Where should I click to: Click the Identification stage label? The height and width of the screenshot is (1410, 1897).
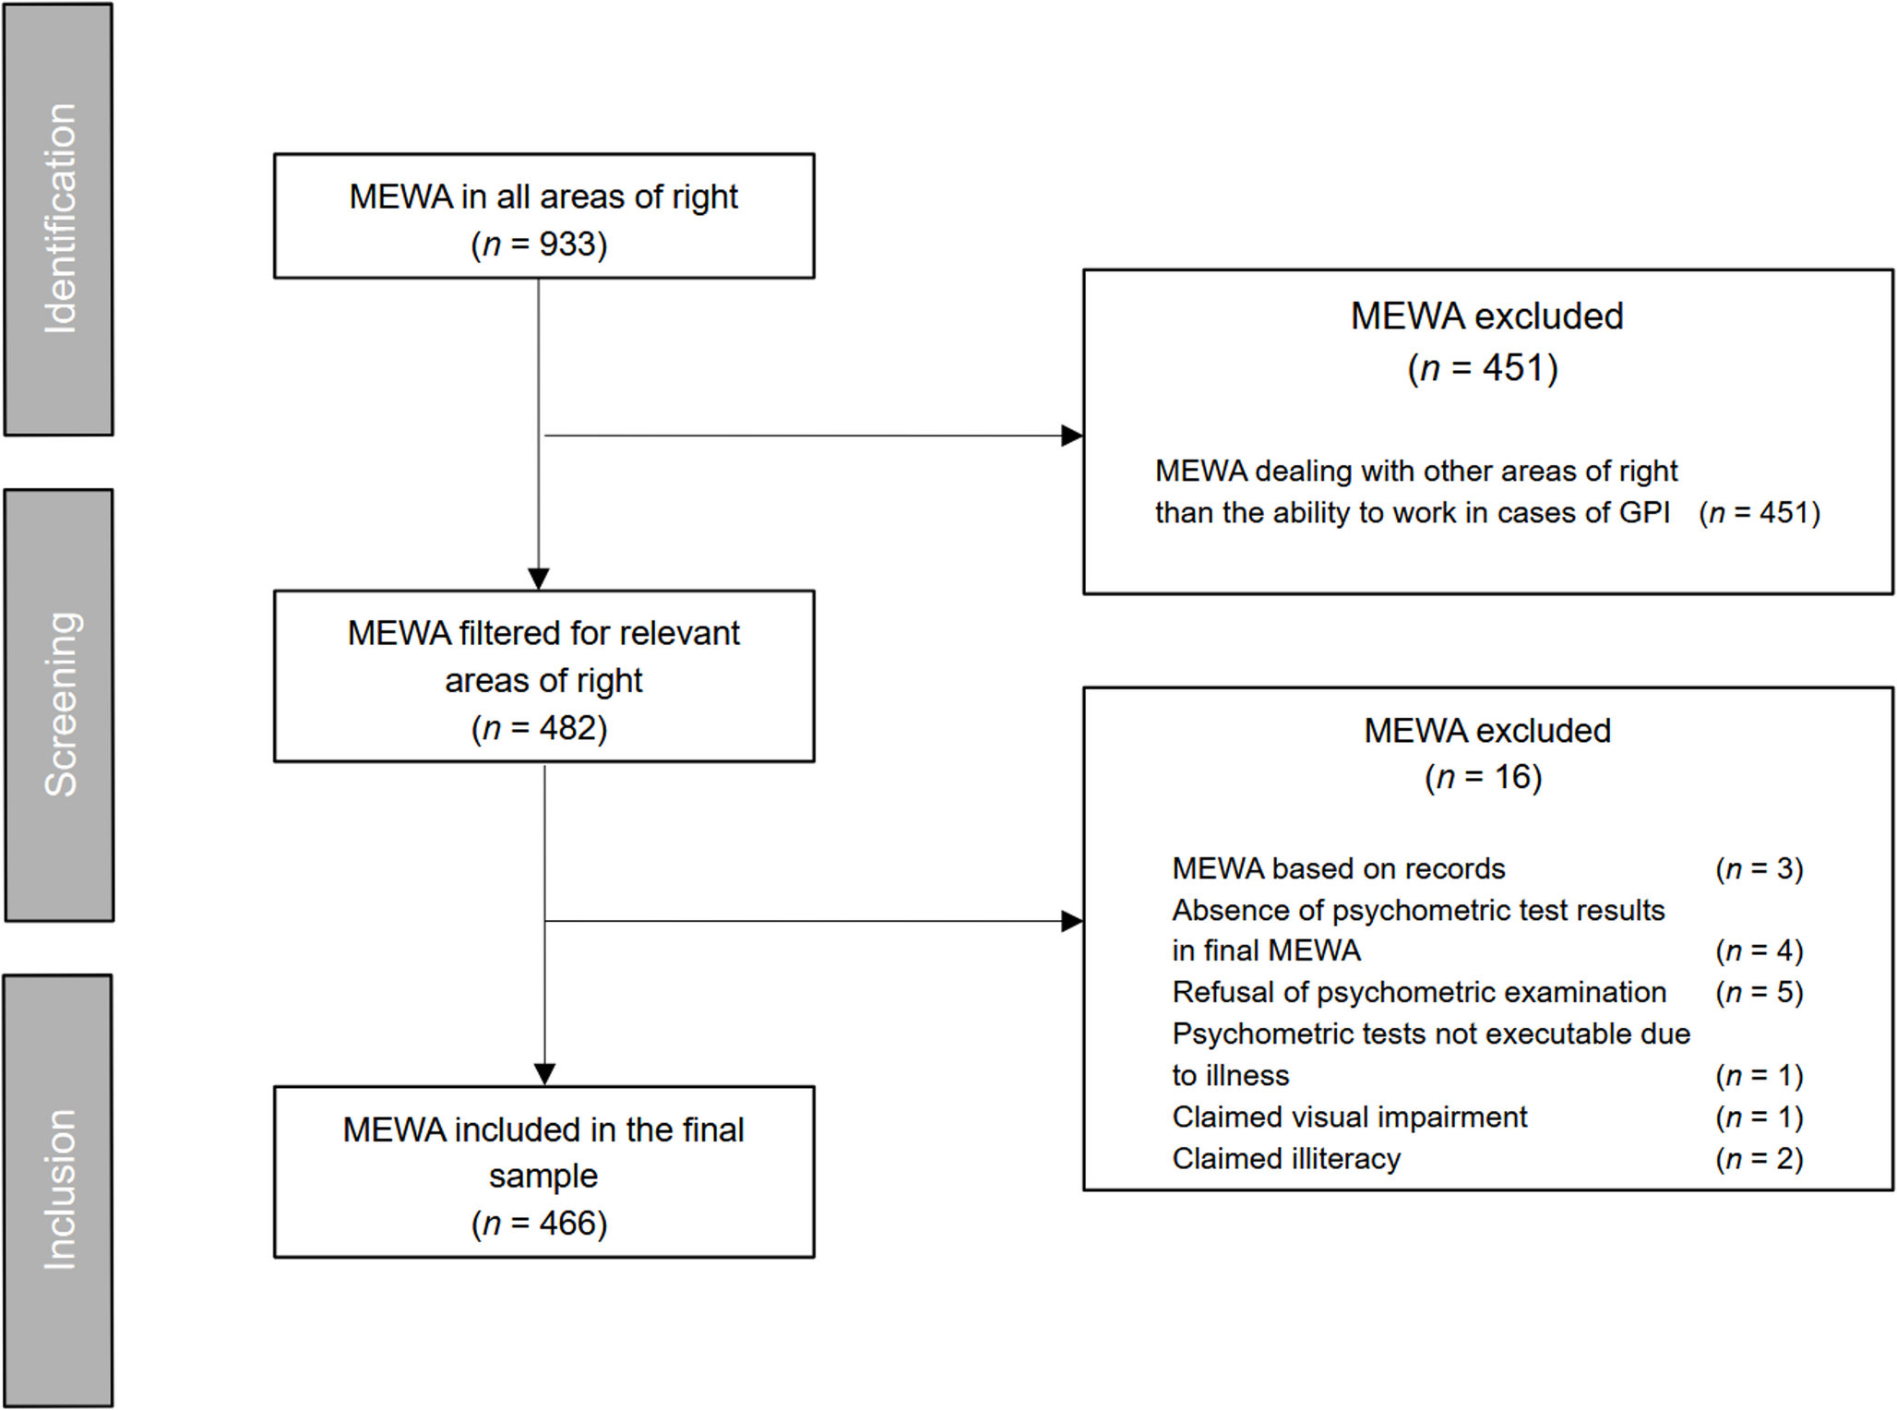point(60,219)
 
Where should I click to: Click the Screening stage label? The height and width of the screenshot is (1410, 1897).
point(60,704)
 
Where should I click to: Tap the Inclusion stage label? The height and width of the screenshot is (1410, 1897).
point(60,1189)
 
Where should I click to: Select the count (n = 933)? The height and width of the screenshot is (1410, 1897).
point(540,245)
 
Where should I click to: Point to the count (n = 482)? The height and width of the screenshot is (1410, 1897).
point(540,728)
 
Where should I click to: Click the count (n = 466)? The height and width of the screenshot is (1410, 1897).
point(540,1224)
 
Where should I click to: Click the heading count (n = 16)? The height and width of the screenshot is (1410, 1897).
point(1484,777)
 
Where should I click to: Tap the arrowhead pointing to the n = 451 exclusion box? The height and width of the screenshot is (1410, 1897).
point(1071,436)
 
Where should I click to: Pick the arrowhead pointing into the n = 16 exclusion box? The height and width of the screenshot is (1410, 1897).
point(1071,921)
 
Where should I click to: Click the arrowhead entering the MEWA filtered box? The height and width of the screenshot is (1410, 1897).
point(539,579)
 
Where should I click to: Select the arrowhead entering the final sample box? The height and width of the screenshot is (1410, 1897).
point(544,1074)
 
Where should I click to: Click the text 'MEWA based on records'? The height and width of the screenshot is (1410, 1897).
point(1339,868)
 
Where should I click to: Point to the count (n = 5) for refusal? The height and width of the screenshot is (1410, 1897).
point(1760,992)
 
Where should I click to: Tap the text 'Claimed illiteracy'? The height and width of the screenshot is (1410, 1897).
point(1286,1158)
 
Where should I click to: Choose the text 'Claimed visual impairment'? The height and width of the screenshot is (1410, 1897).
point(1350,1117)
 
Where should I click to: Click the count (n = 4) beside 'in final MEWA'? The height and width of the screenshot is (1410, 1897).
point(1760,950)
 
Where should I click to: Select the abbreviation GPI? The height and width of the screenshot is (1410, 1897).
point(1644,513)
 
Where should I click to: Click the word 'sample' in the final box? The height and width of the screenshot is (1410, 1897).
point(543,1177)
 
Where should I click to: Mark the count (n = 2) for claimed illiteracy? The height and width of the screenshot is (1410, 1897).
point(1760,1158)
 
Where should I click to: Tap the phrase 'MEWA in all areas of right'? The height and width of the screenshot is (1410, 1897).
point(543,197)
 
